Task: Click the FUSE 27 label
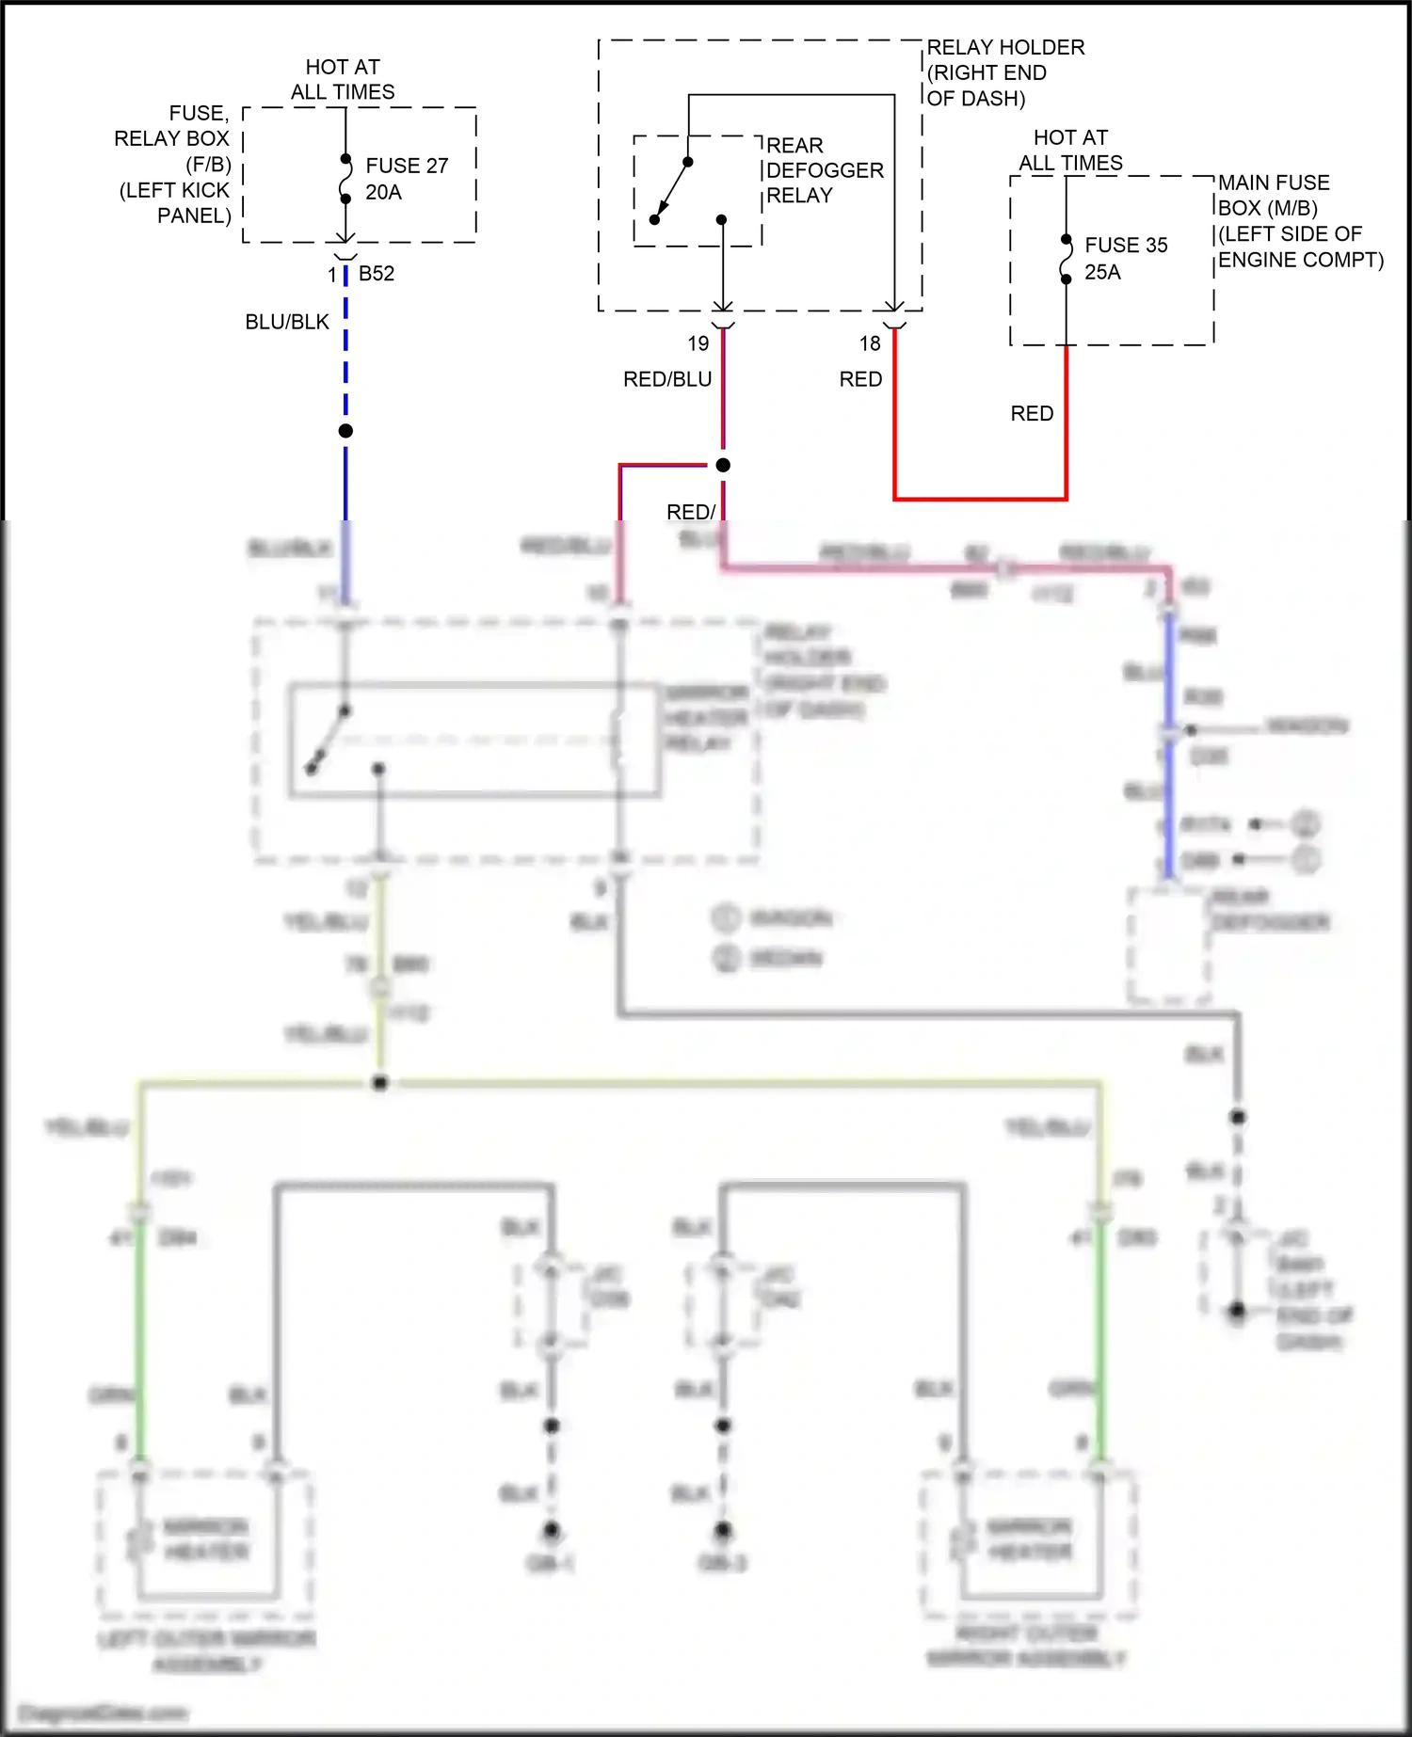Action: [x=407, y=166]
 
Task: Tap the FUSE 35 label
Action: [x=1126, y=246]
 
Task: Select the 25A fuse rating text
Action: [x=1102, y=272]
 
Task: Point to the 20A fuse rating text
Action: [x=383, y=192]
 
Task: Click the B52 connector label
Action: [x=377, y=274]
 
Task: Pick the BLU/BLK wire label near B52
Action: [x=287, y=322]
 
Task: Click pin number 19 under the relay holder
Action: [x=698, y=343]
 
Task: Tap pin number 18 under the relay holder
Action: [x=870, y=343]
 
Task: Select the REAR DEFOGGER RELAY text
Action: [x=825, y=170]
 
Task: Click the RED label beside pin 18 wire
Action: [x=860, y=379]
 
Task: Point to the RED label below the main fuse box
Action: [x=1032, y=413]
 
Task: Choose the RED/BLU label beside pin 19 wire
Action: [x=667, y=379]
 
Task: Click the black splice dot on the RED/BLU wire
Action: [x=723, y=465]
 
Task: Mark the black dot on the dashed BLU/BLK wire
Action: [x=345, y=431]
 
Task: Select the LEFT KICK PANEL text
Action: [x=175, y=202]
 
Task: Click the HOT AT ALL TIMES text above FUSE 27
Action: [x=343, y=79]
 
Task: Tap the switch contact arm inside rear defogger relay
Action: [x=671, y=191]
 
